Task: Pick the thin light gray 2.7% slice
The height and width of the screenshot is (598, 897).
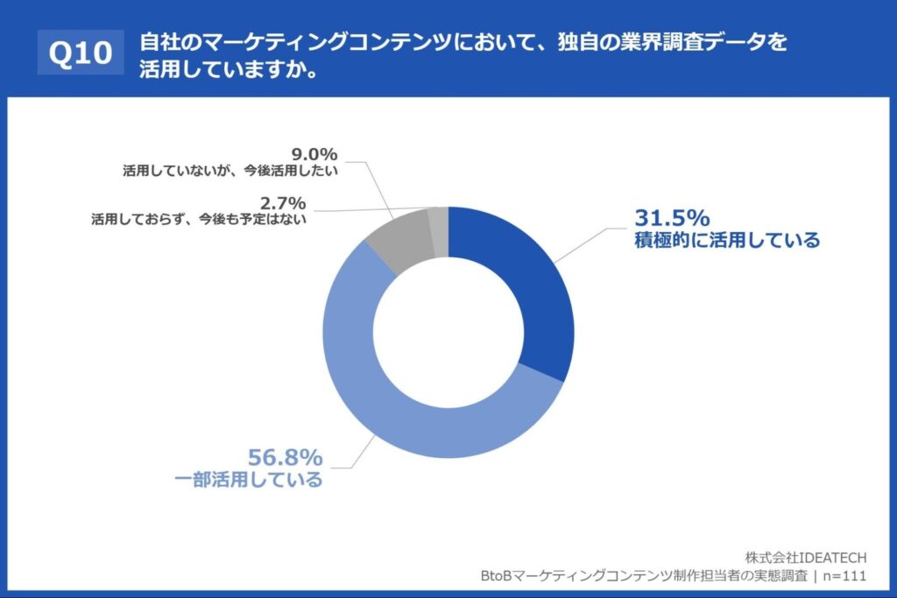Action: (x=439, y=221)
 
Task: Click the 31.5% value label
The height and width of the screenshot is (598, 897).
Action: (x=671, y=218)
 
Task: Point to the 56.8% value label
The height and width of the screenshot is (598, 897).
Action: (x=286, y=457)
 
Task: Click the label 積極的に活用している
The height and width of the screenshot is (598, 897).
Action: (x=727, y=240)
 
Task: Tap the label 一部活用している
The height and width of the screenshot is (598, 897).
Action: (x=249, y=480)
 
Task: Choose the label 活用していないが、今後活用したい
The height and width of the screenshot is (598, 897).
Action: (x=230, y=172)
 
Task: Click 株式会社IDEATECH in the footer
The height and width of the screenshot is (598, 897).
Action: (x=806, y=557)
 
